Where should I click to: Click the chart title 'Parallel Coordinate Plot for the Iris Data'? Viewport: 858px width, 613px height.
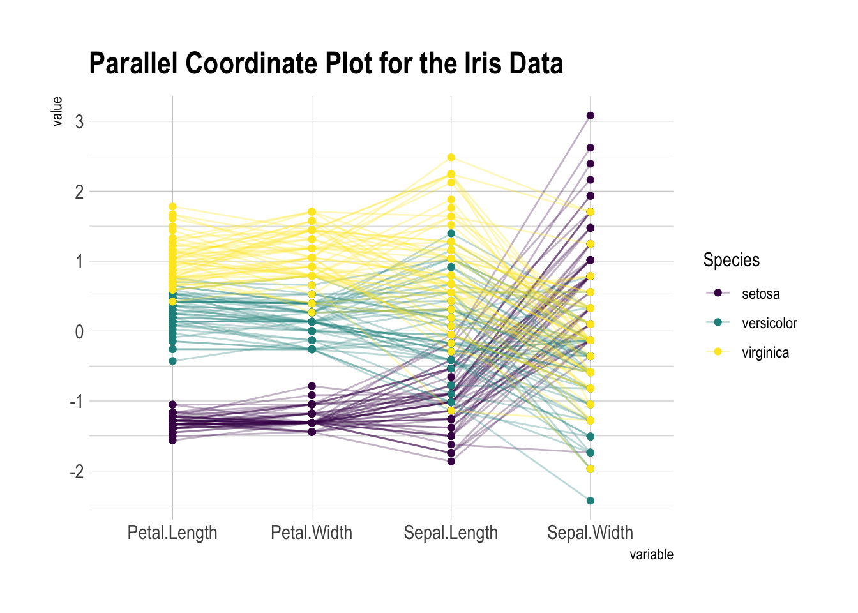pos(326,64)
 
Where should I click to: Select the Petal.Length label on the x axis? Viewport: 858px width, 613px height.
pos(172,533)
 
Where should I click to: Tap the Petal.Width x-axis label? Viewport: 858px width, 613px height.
pos(312,533)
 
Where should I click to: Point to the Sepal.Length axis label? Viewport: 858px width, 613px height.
pos(451,533)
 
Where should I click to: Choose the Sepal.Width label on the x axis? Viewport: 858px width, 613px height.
pos(590,533)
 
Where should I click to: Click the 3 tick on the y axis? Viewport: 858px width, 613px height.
pos(79,121)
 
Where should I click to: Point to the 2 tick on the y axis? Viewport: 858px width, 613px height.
pos(79,192)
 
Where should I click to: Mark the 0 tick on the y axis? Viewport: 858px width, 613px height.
pos(79,331)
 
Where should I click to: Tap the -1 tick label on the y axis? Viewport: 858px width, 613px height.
pos(77,402)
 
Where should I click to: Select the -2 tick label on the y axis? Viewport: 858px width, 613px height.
pos(77,472)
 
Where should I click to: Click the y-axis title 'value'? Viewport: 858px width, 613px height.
pos(57,111)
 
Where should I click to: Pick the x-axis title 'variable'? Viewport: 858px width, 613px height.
pos(651,554)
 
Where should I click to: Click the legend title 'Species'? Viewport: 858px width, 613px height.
pos(732,260)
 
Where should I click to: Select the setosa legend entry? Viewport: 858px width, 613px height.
pos(760,294)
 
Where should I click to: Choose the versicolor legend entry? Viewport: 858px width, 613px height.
pos(769,323)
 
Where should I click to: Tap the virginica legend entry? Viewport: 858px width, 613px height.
pos(765,352)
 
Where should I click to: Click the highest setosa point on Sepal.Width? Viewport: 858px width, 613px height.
pos(591,116)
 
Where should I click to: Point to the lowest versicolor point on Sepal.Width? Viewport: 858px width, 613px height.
pos(591,501)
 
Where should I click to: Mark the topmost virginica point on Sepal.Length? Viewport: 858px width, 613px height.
pos(451,157)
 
